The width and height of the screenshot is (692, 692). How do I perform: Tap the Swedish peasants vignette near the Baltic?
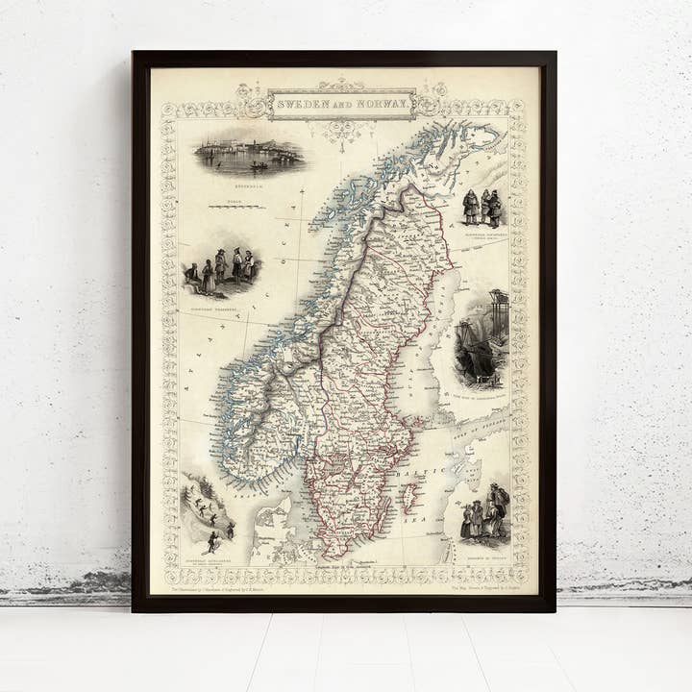pyautogui.click(x=485, y=516)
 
